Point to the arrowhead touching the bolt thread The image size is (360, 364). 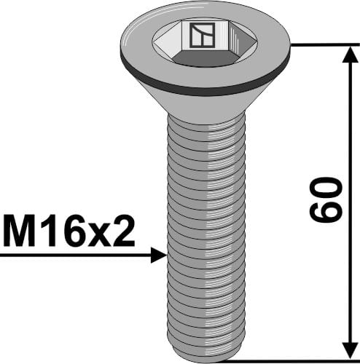pos(159,256)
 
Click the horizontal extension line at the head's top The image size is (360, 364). pos(321,44)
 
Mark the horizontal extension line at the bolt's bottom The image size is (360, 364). pos(291,359)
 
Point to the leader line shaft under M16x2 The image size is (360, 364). pos(73,256)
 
